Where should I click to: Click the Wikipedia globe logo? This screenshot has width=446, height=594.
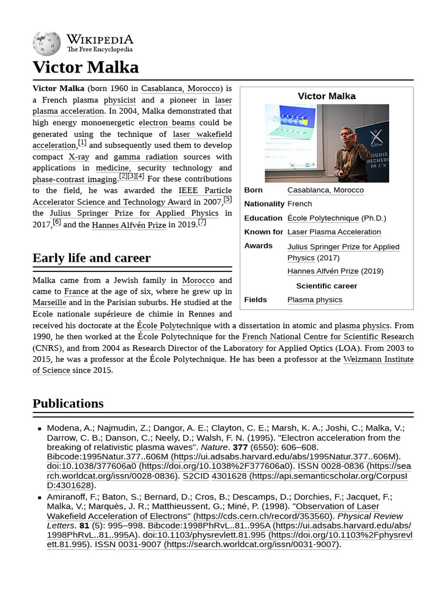click(46, 43)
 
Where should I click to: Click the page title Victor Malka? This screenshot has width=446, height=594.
click(85, 68)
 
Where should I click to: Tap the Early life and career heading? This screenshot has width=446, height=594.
click(91, 258)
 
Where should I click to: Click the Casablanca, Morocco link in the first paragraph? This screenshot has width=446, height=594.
click(181, 88)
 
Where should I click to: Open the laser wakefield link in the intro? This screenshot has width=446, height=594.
click(202, 134)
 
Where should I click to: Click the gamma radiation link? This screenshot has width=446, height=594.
click(145, 157)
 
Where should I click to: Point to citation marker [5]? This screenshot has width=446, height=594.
click(228, 200)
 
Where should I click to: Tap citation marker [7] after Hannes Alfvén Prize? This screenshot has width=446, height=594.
click(202, 222)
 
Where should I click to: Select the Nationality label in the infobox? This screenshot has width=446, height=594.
click(264, 204)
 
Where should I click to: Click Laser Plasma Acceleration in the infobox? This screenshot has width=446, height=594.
click(334, 232)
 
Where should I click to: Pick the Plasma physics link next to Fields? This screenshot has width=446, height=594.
click(315, 300)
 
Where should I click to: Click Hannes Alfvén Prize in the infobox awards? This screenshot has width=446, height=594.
click(323, 271)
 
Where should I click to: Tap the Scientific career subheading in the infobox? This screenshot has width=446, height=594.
click(326, 286)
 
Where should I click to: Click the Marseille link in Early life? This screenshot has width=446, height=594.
click(49, 302)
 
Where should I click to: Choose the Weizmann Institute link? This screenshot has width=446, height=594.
click(378, 359)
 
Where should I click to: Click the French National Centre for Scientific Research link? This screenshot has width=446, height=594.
click(328, 336)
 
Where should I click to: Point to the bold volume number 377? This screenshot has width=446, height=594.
click(240, 447)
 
